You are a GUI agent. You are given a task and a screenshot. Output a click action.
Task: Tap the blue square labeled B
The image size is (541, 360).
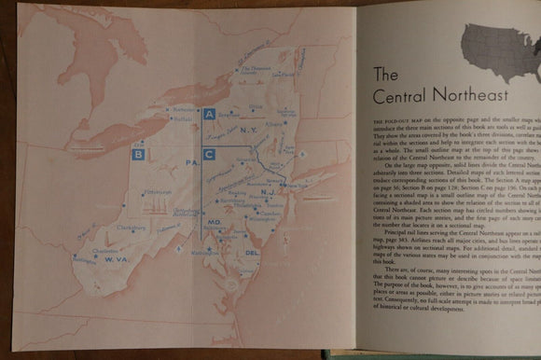coord(139,154)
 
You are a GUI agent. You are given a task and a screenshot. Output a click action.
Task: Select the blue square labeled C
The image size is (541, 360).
coord(210,154)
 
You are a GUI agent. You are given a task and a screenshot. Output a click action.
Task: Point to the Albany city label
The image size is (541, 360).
coord(271,121)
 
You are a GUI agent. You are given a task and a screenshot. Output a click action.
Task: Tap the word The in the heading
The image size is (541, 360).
coord(387,74)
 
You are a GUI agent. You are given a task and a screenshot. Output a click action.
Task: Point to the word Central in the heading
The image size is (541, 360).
coord(400,96)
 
